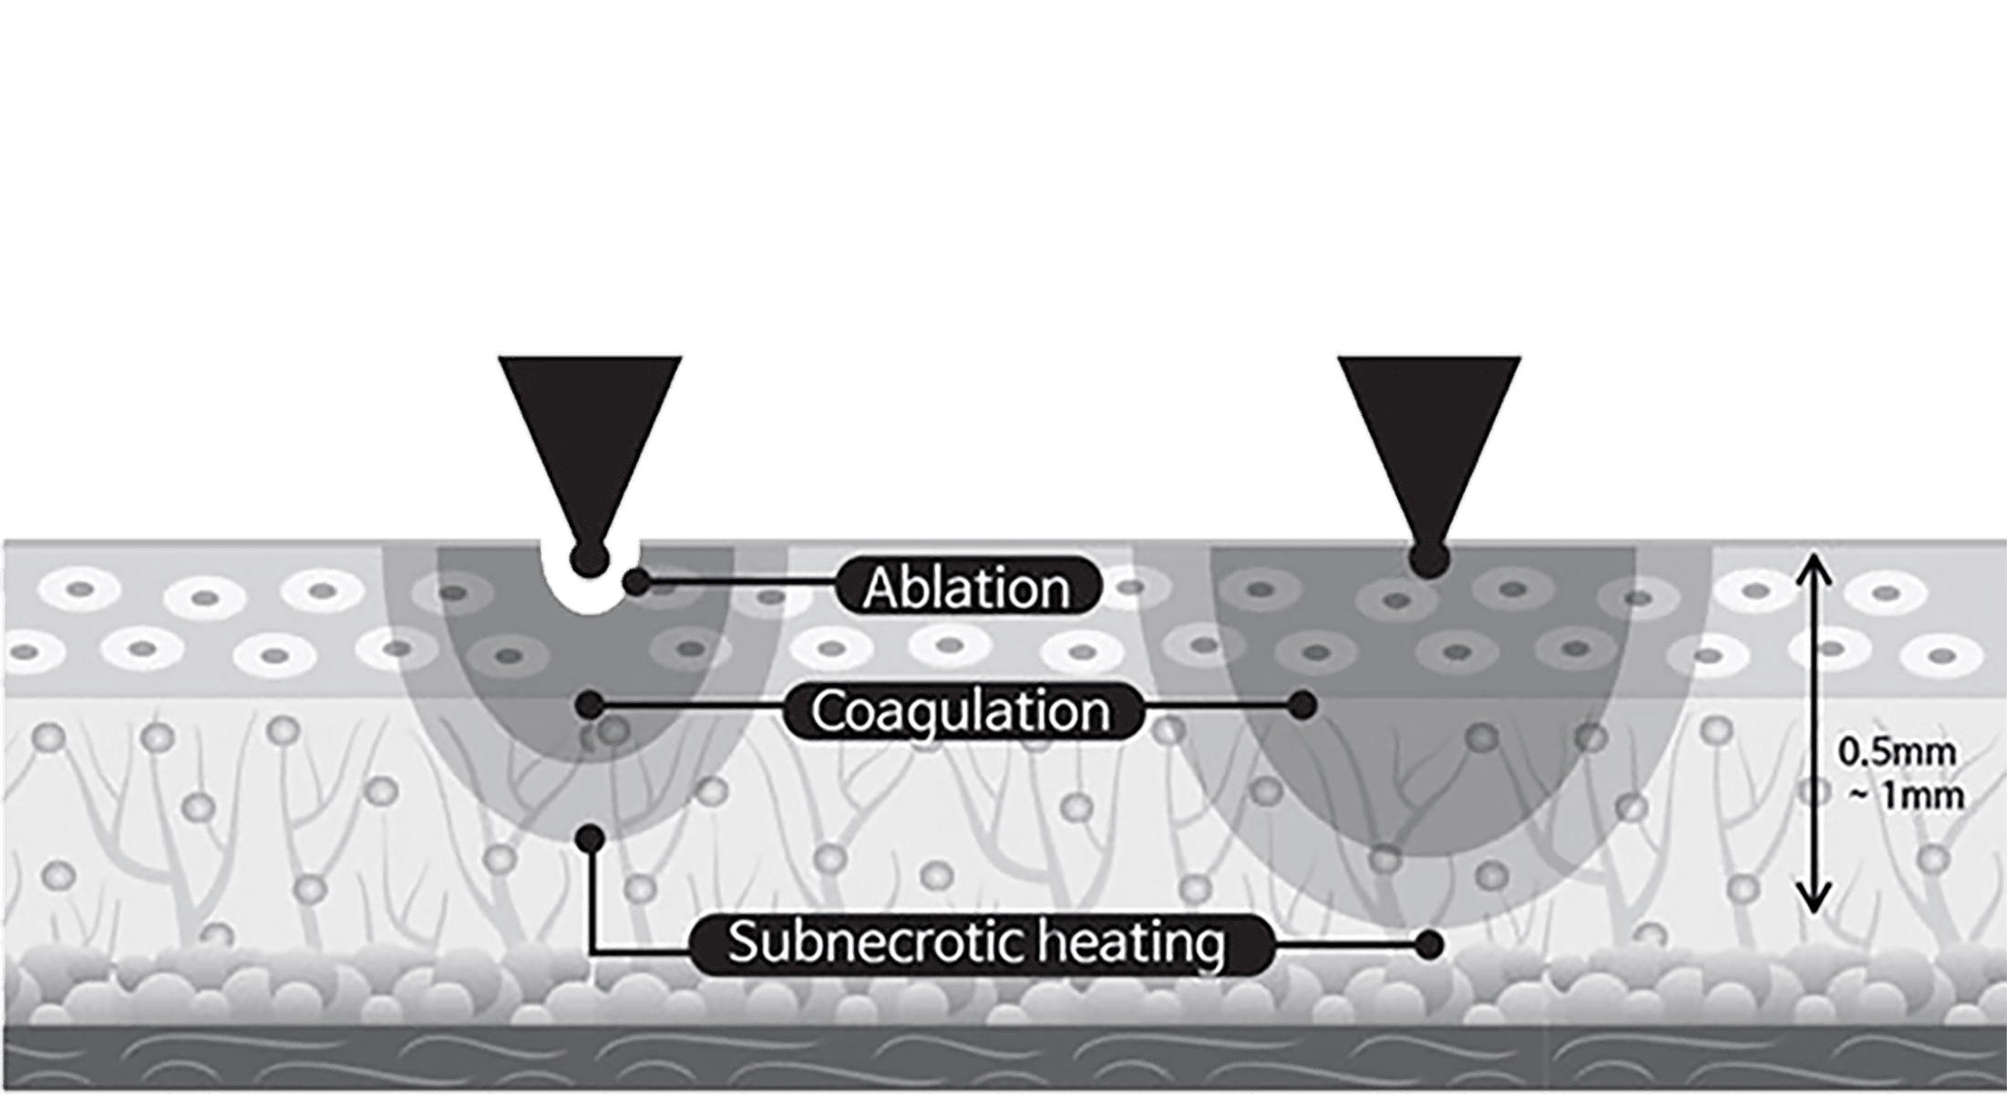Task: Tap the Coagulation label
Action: pyautogui.click(x=962, y=710)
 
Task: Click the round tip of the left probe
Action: pyautogui.click(x=589, y=557)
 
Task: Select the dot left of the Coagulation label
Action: pyautogui.click(x=591, y=703)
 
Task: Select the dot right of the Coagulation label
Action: pyautogui.click(x=1303, y=703)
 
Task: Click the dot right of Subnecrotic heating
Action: pyautogui.click(x=1429, y=944)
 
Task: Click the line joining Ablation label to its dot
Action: pyautogui.click(x=738, y=581)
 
